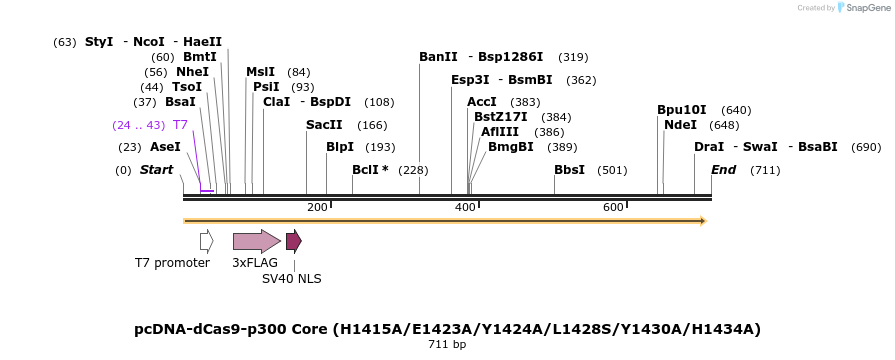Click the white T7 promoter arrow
[x=206, y=240]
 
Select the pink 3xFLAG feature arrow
[x=256, y=240]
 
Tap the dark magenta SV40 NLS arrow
[x=293, y=240]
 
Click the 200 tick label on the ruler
[x=317, y=207]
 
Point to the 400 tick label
[x=465, y=207]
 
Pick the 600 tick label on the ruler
[x=613, y=207]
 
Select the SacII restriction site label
[x=324, y=125]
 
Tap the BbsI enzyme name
[x=569, y=170]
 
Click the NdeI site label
[x=680, y=125]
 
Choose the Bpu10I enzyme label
[x=682, y=110]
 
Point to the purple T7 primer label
[x=180, y=125]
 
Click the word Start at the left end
[x=156, y=170]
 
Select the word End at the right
[x=723, y=170]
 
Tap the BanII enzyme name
[x=438, y=57]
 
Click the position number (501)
[x=612, y=170]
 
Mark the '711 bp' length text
[x=447, y=344]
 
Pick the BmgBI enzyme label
[x=511, y=147]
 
